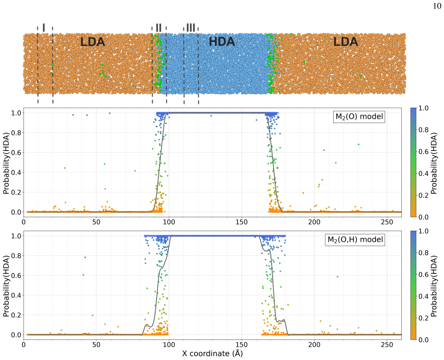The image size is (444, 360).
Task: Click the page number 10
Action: point(437,6)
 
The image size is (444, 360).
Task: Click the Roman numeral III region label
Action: point(191,27)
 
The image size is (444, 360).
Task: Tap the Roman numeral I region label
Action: point(44,27)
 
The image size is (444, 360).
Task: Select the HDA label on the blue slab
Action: point(222,42)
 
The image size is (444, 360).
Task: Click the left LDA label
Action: point(92,42)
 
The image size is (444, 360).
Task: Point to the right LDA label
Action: point(345,42)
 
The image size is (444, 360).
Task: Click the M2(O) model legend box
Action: point(359,117)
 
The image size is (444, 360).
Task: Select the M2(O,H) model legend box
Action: point(355,240)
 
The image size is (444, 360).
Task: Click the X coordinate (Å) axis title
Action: point(212,353)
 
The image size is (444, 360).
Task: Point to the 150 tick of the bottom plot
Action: point(242,345)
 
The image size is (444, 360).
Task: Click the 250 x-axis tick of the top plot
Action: point(387,223)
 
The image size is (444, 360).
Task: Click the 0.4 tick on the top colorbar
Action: point(424,173)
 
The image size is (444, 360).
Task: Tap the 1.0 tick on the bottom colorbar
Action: point(424,231)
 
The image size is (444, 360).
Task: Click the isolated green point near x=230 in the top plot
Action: point(359,144)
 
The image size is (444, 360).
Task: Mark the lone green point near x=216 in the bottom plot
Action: point(338,277)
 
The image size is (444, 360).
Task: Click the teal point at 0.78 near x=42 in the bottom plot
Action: point(85,257)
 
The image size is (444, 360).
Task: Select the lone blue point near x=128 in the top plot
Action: point(211,116)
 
